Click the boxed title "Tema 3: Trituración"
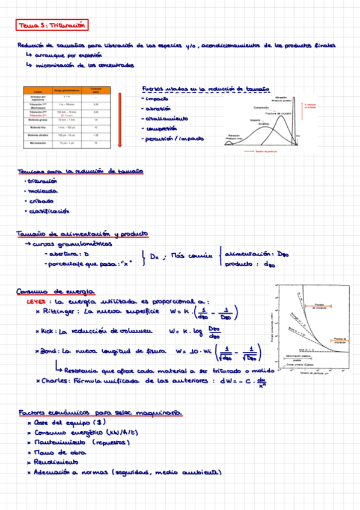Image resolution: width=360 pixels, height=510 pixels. pyautogui.click(x=49, y=26)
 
